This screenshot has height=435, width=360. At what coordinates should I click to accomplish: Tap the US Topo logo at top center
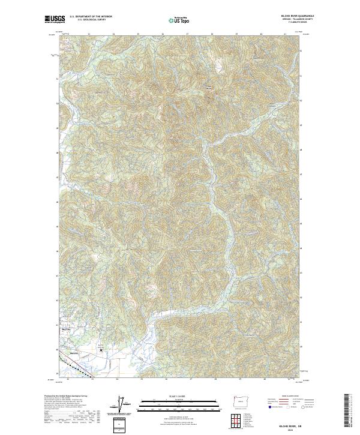click(174, 20)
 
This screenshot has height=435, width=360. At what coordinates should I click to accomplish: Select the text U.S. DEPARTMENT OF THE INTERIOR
click(91, 17)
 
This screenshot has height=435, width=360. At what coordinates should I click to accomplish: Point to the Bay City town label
click(67, 329)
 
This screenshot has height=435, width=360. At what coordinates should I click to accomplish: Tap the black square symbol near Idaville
click(100, 349)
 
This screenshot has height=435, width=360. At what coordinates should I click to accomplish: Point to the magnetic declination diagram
click(122, 405)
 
